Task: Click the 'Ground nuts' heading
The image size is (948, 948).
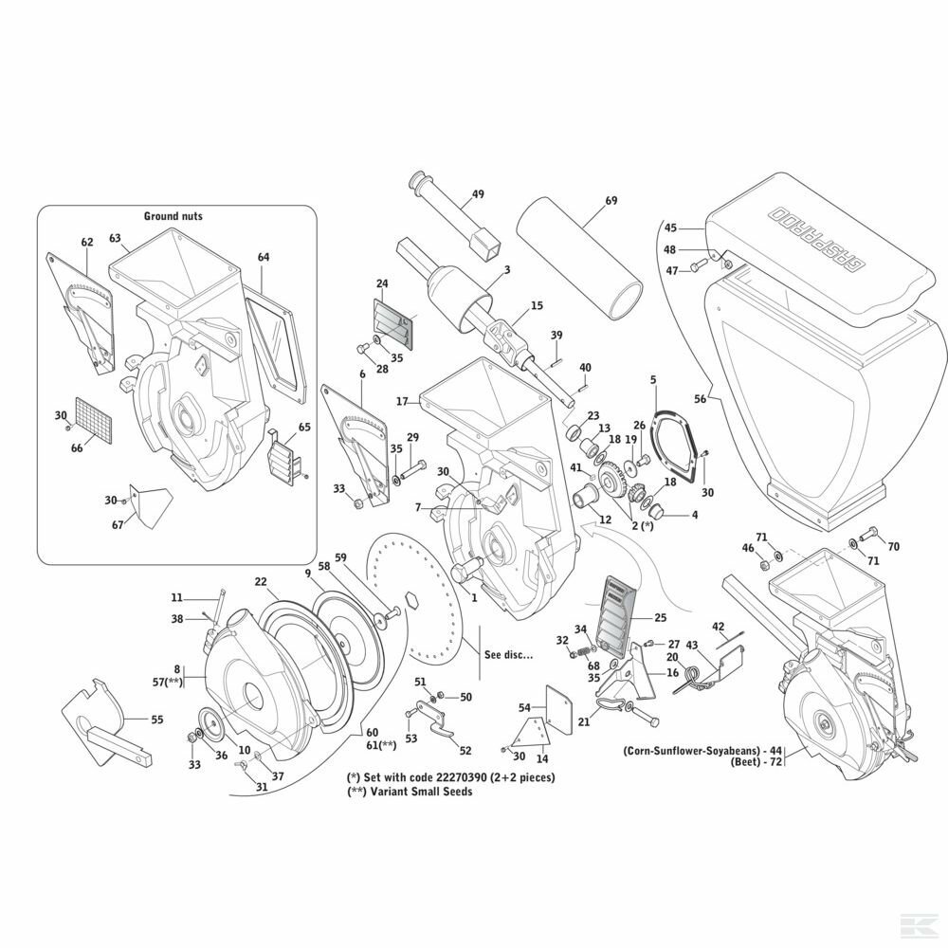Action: [173, 216]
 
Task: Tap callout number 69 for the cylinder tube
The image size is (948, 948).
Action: [611, 201]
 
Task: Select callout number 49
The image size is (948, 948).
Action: [478, 194]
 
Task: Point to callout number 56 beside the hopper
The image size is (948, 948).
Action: [701, 400]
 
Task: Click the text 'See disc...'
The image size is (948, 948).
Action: [509, 655]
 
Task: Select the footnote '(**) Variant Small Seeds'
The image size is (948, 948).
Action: [410, 792]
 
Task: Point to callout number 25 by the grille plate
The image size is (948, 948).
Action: [661, 617]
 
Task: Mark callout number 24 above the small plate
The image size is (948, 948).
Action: [383, 283]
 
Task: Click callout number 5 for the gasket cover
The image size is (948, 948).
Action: [653, 380]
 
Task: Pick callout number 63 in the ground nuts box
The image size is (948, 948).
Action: [115, 238]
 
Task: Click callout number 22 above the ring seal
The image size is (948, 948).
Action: [261, 581]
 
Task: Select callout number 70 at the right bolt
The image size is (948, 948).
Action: [892, 546]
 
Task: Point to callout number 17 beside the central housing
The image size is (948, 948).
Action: [401, 402]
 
